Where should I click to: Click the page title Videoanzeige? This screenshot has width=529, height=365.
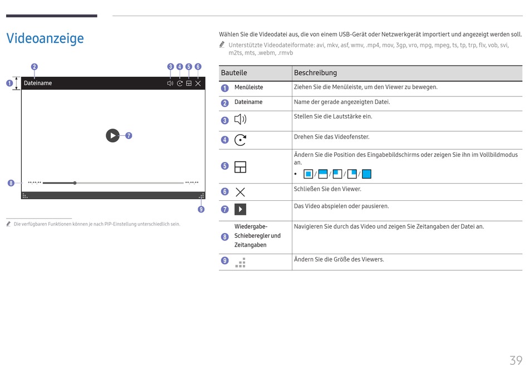(45, 38)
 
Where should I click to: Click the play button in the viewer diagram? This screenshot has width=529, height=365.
(112, 135)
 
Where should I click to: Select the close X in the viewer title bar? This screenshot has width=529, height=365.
(198, 83)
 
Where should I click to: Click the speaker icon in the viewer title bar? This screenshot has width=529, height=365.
(170, 83)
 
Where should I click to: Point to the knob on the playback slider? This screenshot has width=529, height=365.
(75, 182)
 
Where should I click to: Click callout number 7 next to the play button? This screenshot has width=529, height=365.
(129, 135)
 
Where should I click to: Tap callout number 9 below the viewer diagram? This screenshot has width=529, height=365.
(201, 209)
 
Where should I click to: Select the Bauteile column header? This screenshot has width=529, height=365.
(234, 73)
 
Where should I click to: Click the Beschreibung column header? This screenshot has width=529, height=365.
(315, 73)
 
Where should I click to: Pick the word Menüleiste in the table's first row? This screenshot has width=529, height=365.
(248, 87)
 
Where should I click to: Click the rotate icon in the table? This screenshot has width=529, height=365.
(240, 140)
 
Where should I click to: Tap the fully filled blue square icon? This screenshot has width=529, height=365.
(366, 174)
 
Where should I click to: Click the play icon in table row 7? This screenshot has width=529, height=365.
(240, 209)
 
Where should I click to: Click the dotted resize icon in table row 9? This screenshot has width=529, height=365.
(240, 263)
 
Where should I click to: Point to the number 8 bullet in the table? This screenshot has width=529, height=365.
(224, 237)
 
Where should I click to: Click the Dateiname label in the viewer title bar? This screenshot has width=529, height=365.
(38, 83)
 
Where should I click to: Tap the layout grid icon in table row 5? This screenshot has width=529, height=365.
(240, 167)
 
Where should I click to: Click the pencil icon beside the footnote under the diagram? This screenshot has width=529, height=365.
(9, 224)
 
